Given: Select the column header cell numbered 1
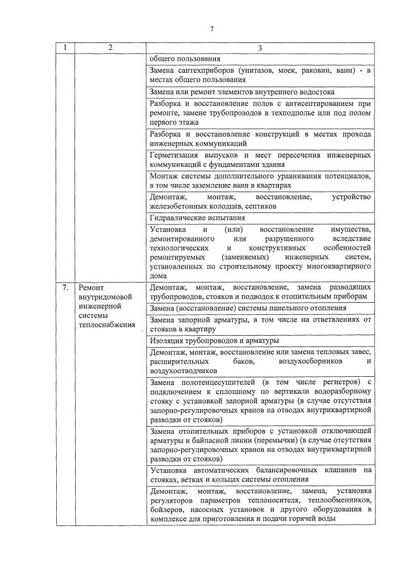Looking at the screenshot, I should (x=65, y=48).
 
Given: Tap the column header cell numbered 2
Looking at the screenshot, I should (x=110, y=48).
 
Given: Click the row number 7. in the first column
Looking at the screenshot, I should (x=65, y=288).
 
